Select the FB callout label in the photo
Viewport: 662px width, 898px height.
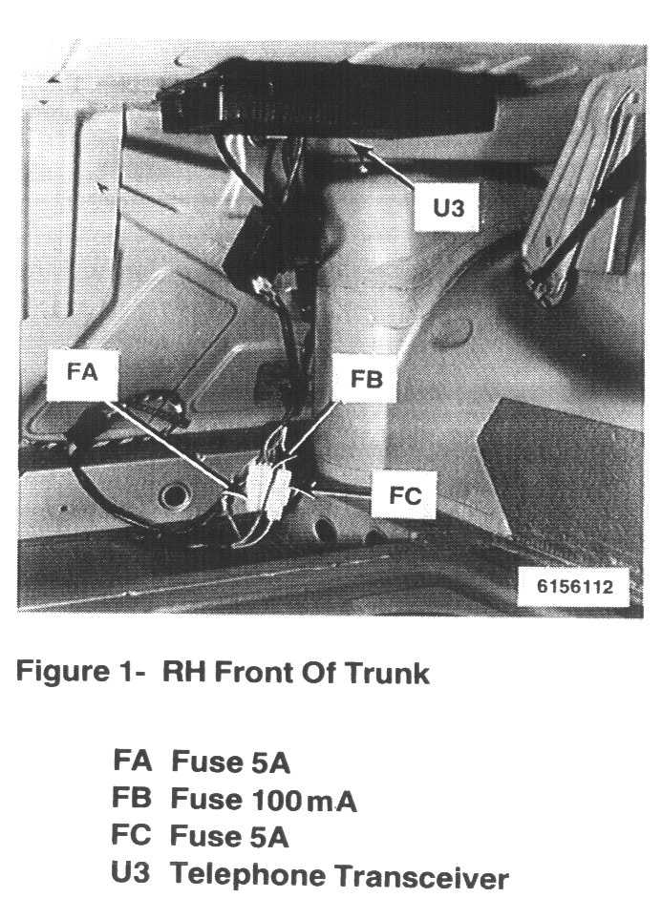tap(366, 379)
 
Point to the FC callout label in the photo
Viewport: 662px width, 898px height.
tap(404, 496)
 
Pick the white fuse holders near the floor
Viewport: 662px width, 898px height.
tap(267, 487)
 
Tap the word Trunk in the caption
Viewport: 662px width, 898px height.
tap(388, 673)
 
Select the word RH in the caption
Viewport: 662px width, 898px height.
tap(184, 672)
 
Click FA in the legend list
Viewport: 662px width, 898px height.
tap(132, 761)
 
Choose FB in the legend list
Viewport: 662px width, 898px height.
tap(132, 798)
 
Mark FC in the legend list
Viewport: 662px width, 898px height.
tap(132, 835)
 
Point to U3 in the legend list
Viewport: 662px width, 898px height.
tap(132, 872)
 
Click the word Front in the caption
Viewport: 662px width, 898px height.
tap(251, 672)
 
